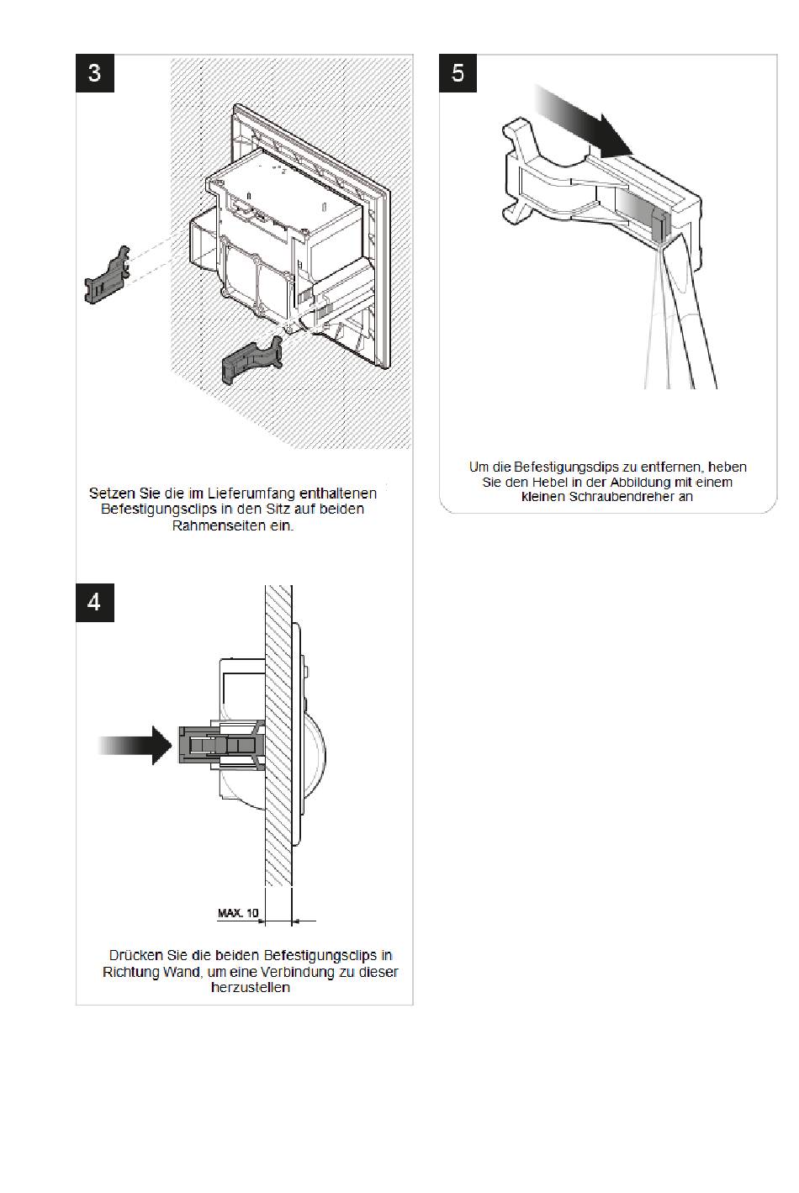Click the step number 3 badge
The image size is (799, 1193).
[94, 72]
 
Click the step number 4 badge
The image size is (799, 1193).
[94, 602]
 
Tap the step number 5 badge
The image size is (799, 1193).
[458, 72]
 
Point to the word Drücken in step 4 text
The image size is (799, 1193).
[135, 956]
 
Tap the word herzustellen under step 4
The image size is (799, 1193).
[250, 988]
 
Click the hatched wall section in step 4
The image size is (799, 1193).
[278, 807]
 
